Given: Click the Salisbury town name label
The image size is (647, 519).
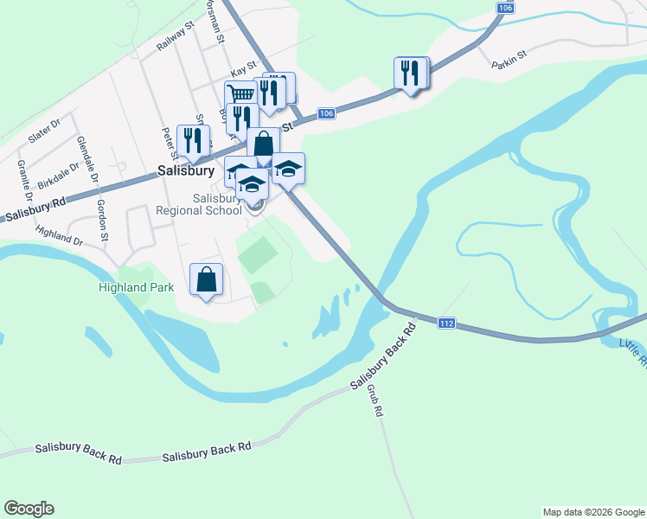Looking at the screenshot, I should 185,171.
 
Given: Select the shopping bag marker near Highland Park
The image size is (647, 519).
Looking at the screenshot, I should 206,280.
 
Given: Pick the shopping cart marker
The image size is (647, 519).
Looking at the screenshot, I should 240,94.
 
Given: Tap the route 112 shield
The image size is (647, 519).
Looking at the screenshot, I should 446,323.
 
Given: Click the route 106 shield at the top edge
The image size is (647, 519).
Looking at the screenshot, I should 506,8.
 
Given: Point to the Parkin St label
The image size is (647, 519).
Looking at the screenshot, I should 509,63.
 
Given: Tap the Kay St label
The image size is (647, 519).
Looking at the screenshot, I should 243,67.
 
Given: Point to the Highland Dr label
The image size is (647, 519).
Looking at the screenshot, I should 60,235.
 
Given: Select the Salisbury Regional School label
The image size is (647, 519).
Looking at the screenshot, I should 199,204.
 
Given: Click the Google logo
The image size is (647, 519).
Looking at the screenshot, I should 29,509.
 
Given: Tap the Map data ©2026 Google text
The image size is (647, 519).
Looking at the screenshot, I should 593,512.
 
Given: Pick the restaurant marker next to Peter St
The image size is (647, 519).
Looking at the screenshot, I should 193,141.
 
